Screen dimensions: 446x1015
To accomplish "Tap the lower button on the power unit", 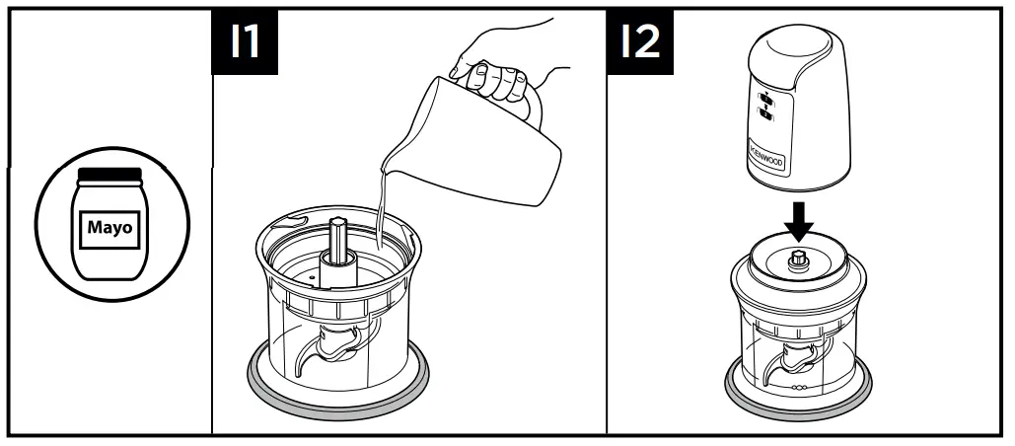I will tap(764, 115).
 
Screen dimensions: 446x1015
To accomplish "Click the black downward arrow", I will tap(800, 223).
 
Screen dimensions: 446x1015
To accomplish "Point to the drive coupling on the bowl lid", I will tap(800, 260).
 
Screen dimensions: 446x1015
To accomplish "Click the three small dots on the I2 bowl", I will tap(798, 388).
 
